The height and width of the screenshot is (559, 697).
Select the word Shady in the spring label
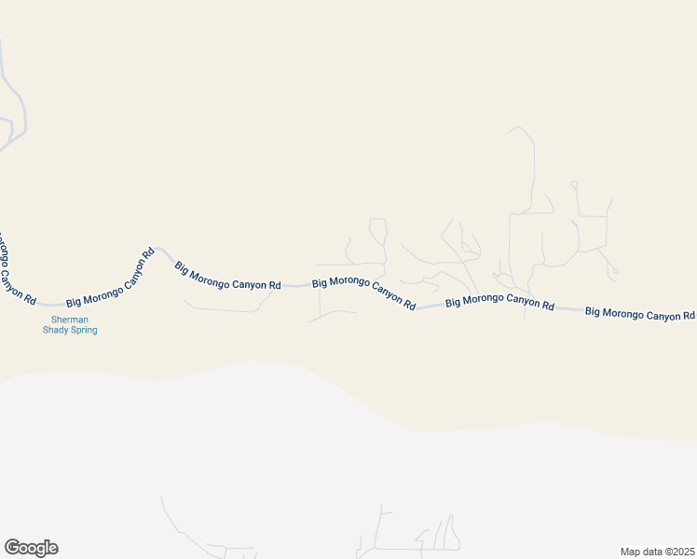pos(58,330)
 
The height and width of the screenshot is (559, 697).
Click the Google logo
pos(31,548)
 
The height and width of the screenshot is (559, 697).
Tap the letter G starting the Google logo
pos(11,548)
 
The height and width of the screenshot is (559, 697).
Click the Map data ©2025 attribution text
pos(657,552)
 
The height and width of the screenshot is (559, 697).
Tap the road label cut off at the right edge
pos(640,314)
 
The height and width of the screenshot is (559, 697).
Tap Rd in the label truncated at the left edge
pos(30,299)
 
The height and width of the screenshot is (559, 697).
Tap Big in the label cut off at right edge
pos(594,310)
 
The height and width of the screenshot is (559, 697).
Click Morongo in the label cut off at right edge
pos(622,312)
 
